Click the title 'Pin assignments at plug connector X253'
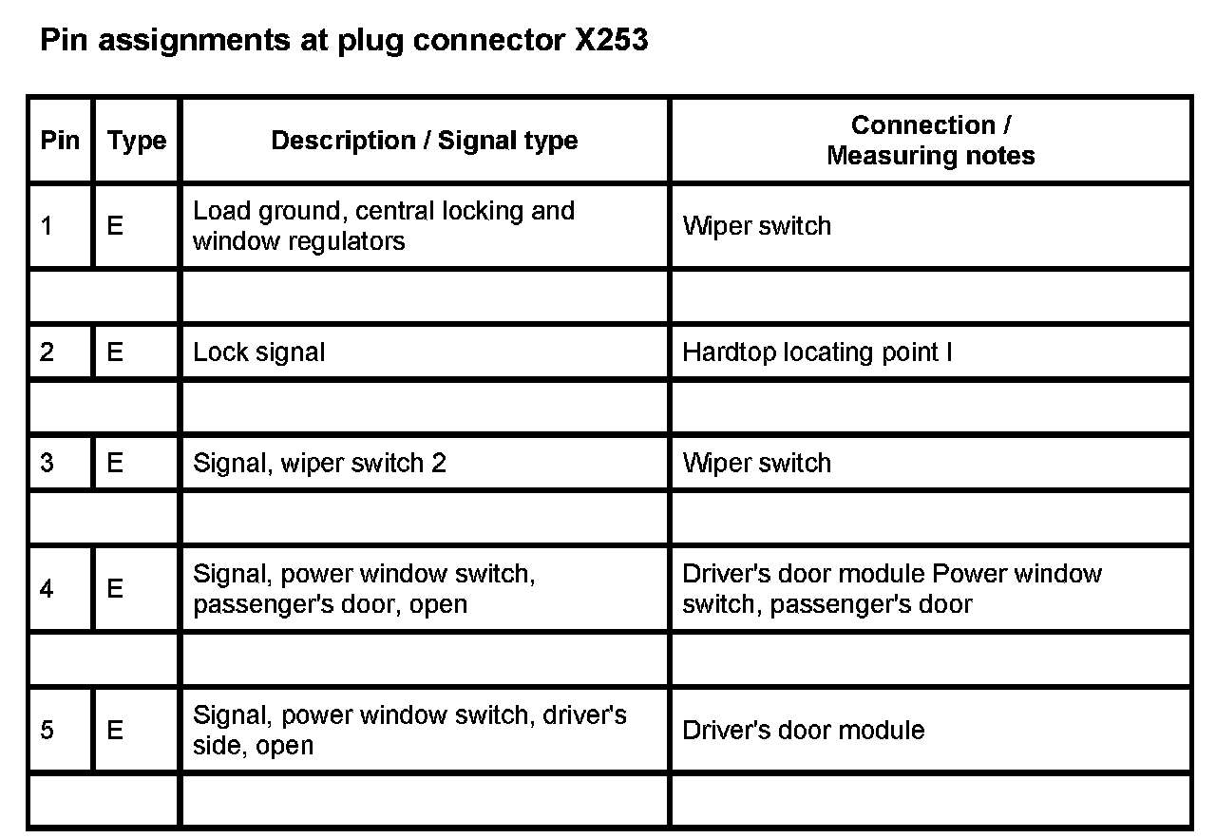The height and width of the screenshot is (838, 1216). pos(344,41)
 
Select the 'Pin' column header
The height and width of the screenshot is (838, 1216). pos(60,141)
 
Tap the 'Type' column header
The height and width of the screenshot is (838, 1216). pos(137,141)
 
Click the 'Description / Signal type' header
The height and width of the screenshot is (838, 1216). pos(424,141)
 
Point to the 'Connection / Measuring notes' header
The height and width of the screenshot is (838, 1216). pos(930,141)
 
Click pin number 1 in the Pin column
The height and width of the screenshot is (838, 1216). pos(47,226)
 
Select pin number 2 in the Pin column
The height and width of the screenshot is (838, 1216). pos(47,352)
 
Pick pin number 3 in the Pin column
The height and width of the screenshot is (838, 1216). pos(47,463)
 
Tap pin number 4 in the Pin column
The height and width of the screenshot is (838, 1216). pos(47,589)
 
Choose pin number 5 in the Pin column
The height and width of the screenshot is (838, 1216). pos(47,730)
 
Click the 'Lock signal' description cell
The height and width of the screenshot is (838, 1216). pos(258,352)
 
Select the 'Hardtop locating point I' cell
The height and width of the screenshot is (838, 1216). pos(817,352)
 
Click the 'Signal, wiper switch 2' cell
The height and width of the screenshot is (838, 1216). pos(319,463)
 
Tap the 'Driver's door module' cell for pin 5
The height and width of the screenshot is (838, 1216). pos(804,730)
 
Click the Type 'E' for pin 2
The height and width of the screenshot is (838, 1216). pos(115,352)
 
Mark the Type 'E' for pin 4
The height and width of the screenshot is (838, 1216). pos(115,589)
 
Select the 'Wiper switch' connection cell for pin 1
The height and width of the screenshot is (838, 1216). pos(757,226)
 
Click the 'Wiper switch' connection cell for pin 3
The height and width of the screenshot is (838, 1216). pos(757,463)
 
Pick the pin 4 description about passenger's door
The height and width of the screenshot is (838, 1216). pos(364,589)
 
